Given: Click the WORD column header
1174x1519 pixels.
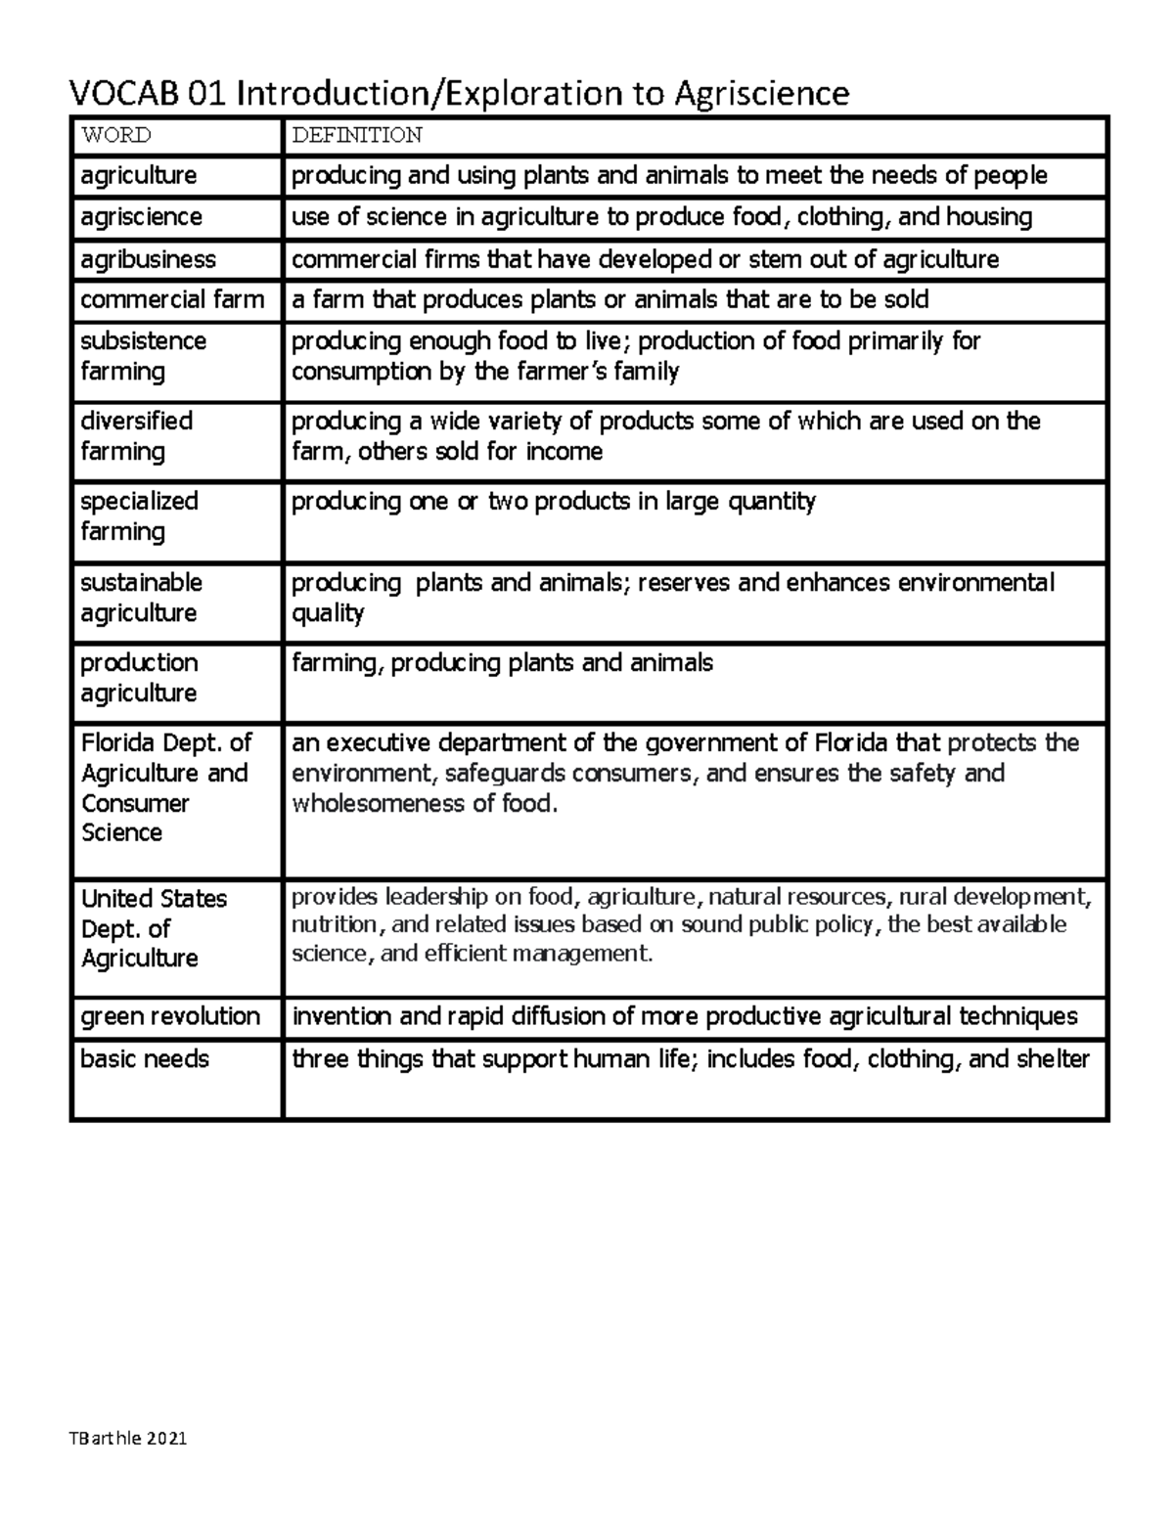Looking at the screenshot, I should tap(115, 135).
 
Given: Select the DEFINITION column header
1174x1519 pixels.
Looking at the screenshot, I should tap(356, 135).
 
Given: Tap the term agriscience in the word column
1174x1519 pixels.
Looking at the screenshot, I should tap(141, 216).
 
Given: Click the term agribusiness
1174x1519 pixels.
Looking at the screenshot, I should tap(148, 259).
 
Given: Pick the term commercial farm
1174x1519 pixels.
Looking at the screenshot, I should tap(172, 299).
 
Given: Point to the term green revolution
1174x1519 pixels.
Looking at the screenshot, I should tap(170, 1016).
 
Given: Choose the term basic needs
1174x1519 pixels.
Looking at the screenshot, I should tap(145, 1058).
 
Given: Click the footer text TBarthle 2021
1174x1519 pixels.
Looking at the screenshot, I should tap(127, 1439).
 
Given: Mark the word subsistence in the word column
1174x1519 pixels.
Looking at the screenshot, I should tap(143, 340).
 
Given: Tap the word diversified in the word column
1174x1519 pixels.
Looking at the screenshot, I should tap(136, 421).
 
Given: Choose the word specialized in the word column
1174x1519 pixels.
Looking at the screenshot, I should tap(139, 501).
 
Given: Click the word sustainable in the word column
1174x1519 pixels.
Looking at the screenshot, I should tap(141, 582).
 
